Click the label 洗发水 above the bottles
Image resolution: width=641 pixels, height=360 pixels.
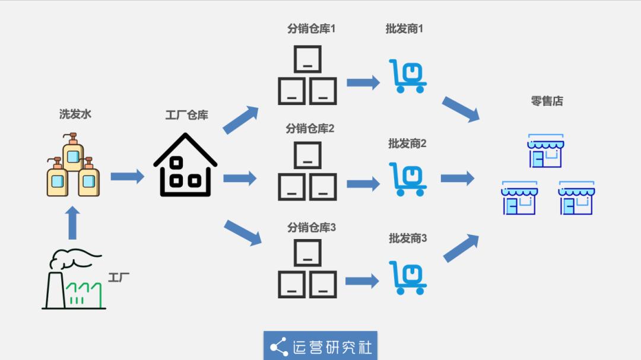(x=74, y=114)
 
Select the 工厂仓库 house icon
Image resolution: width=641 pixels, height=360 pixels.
(x=185, y=165)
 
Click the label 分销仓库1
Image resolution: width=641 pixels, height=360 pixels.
(x=311, y=28)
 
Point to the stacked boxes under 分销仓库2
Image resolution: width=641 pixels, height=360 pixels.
(x=307, y=171)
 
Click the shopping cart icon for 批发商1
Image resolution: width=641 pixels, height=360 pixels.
(x=408, y=76)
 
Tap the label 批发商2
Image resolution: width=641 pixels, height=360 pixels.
(x=407, y=143)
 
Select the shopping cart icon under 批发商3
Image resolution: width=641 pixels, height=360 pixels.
(x=408, y=277)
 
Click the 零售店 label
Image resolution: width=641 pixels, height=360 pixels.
(x=547, y=101)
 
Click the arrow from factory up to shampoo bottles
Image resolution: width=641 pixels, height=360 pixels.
(x=72, y=222)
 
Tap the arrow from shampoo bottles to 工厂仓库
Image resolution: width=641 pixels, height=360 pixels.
(x=127, y=176)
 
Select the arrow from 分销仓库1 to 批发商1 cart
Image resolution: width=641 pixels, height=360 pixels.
(x=363, y=82)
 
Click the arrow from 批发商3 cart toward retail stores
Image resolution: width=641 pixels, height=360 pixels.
(x=461, y=248)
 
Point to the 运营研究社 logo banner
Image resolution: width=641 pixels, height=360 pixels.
(x=320, y=346)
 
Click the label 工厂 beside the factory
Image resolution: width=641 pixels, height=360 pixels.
(x=119, y=277)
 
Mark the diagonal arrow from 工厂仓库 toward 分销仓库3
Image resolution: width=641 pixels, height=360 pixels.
(x=242, y=232)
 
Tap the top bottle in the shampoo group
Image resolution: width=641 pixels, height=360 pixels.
(x=73, y=152)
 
